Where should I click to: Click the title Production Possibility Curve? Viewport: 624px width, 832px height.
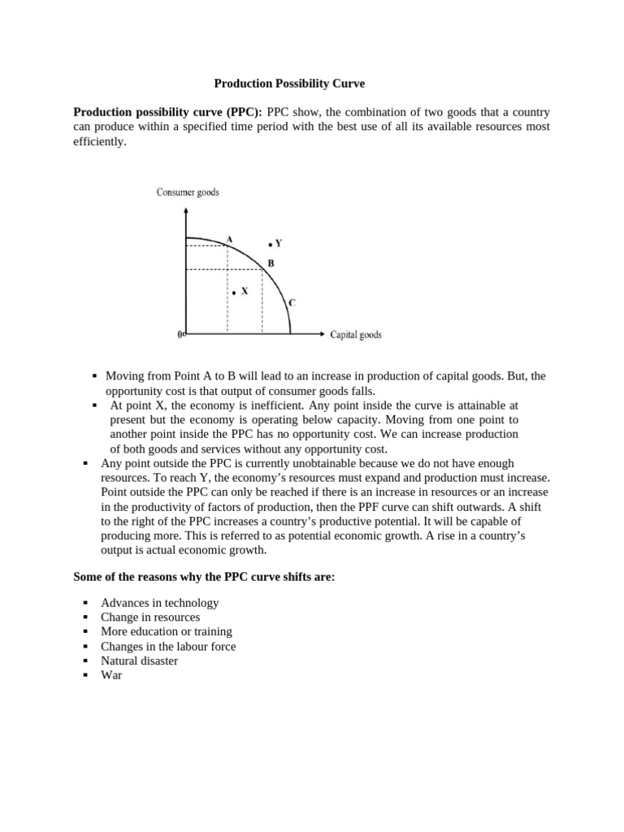(x=289, y=83)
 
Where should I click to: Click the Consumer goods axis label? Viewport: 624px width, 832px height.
(x=187, y=193)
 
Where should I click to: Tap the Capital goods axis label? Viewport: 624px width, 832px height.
(x=356, y=334)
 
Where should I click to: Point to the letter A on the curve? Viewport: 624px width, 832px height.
(x=229, y=239)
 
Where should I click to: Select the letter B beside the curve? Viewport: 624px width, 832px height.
(x=271, y=263)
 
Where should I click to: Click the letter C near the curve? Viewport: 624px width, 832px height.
(x=292, y=303)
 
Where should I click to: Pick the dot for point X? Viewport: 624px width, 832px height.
(x=233, y=292)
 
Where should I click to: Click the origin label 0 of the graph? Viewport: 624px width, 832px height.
(x=180, y=334)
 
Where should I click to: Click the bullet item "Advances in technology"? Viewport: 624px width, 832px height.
(x=159, y=603)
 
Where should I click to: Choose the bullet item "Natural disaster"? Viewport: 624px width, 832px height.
(x=139, y=661)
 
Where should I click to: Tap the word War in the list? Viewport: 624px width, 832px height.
(x=111, y=675)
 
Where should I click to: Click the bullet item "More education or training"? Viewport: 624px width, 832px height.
(x=166, y=631)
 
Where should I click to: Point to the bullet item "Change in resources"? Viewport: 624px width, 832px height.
(x=149, y=617)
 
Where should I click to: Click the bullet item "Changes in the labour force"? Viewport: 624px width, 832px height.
(x=168, y=646)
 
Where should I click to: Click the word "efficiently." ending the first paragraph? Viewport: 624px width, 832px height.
(x=101, y=141)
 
